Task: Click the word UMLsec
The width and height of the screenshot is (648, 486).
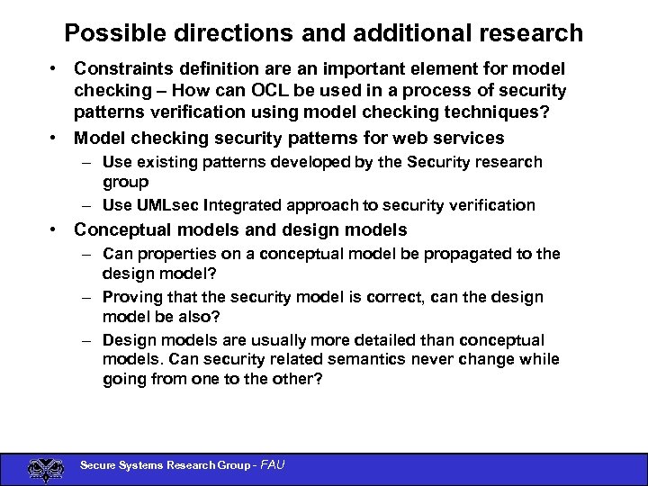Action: tap(169, 205)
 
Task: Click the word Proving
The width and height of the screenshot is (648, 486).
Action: tap(132, 297)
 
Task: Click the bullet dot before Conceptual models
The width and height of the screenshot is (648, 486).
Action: tap(56, 230)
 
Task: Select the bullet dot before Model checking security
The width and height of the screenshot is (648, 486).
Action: tap(56, 139)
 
